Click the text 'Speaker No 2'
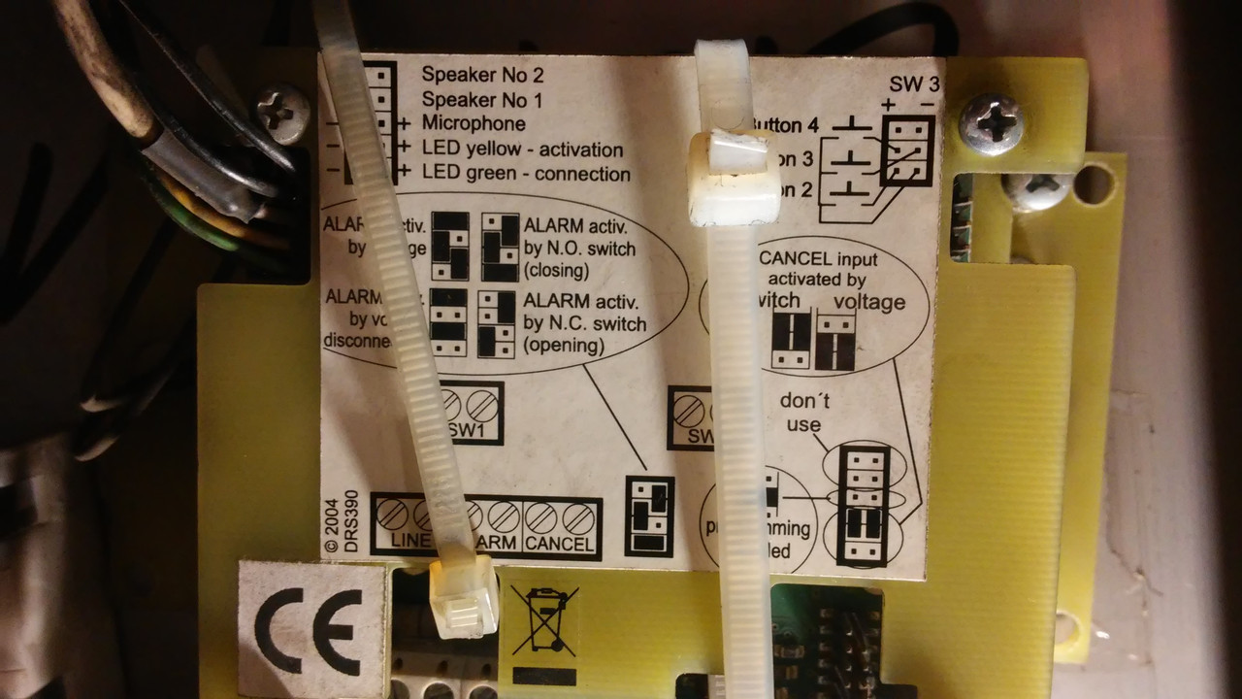point(482,75)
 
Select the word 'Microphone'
point(474,124)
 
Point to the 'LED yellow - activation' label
point(522,150)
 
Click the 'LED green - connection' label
point(526,175)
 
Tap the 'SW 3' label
point(914,83)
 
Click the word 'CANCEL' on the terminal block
point(560,544)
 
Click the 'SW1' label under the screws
point(471,429)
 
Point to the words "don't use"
point(803,413)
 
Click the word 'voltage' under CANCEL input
point(869,302)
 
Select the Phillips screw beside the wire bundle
point(281,112)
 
